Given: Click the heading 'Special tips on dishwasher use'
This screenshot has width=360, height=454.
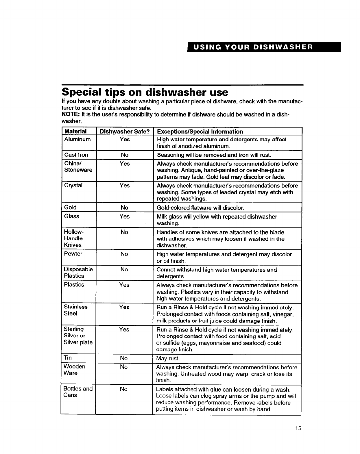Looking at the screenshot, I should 145,92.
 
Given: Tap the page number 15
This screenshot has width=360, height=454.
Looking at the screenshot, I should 298,428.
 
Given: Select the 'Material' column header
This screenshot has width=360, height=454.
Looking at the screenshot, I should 75,131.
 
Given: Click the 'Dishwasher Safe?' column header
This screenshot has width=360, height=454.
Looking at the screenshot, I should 125,131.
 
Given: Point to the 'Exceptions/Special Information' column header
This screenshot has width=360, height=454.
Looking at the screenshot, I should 200,131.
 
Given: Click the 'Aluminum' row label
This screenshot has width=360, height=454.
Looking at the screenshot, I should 77,139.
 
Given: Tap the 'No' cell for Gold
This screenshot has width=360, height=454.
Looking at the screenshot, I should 125,207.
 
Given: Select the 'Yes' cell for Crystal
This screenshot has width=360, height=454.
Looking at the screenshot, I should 125,186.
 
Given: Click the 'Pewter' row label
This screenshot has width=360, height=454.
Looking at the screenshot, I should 73,254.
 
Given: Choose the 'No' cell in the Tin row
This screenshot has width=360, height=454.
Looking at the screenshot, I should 124,358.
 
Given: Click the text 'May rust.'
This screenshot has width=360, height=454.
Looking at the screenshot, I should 168,358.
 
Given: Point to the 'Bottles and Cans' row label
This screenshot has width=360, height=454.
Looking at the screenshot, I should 78,392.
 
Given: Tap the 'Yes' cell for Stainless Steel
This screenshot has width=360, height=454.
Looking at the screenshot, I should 124,307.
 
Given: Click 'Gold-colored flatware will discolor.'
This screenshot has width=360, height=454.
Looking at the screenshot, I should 200,208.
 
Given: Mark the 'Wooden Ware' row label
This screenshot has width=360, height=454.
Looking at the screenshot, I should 74,370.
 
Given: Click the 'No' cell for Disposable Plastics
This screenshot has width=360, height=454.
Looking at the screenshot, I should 124,269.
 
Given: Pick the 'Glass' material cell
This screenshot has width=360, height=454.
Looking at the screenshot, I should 71,216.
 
